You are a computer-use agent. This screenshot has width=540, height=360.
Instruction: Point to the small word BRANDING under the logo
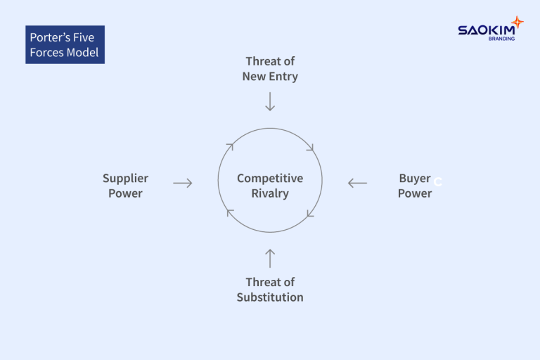pos(501,39)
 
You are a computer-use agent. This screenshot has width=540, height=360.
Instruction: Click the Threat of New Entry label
pos(270,69)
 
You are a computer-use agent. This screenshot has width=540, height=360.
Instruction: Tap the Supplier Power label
pos(125,186)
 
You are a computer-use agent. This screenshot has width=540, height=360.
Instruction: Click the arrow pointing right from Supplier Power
pos(183,183)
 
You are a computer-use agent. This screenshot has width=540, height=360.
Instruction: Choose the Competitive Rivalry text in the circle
pos(270,186)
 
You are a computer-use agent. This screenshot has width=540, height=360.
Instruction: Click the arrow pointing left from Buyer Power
pos(357,183)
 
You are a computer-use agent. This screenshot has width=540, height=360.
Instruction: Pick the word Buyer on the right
pos(414,179)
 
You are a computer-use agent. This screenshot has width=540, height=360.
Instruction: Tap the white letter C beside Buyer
pos(437,182)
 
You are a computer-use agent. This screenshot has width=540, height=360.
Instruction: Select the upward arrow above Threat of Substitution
pos(270,257)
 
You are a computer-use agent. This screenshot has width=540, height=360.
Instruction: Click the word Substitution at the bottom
pos(270,297)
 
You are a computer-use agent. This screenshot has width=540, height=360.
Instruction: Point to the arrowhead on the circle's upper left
pos(229,146)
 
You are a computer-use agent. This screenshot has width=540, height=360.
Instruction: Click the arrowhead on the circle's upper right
pos(310,148)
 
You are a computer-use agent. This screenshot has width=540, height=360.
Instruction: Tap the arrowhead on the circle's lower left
pos(230,212)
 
